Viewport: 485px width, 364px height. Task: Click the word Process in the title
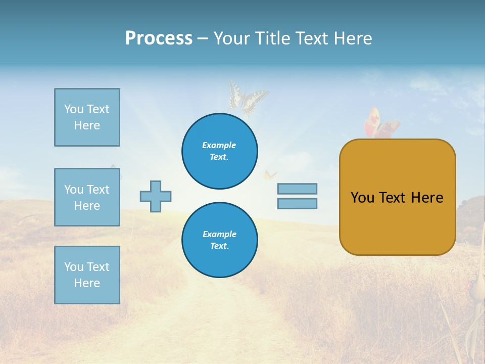tap(159, 38)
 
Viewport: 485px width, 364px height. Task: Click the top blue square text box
tap(87, 117)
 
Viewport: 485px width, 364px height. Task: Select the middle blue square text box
tap(87, 197)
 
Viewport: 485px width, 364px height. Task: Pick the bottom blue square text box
tap(87, 275)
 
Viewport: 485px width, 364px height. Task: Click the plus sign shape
tap(156, 196)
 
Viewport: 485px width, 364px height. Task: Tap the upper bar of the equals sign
tap(297, 189)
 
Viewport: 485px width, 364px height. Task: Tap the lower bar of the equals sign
tap(297, 203)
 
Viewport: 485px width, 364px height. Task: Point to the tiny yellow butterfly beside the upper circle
tap(269, 175)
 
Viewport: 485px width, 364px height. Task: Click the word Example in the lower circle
tap(219, 234)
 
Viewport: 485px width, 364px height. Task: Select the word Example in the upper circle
tap(219, 145)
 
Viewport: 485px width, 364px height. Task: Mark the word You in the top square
tap(74, 109)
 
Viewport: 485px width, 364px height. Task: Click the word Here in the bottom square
tap(87, 283)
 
